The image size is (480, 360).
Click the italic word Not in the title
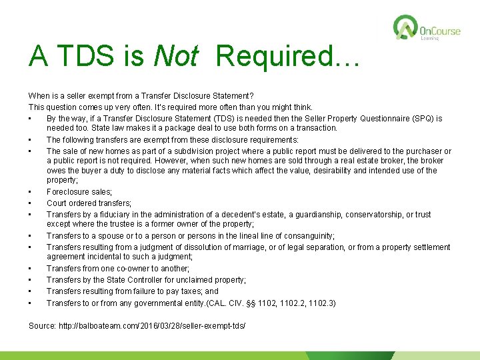pyautogui.click(x=175, y=57)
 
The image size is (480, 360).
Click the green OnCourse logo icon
pyautogui.click(x=405, y=29)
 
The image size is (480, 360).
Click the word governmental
pyautogui.click(x=159, y=303)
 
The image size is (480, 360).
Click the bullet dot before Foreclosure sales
pyautogui.click(x=31, y=193)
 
